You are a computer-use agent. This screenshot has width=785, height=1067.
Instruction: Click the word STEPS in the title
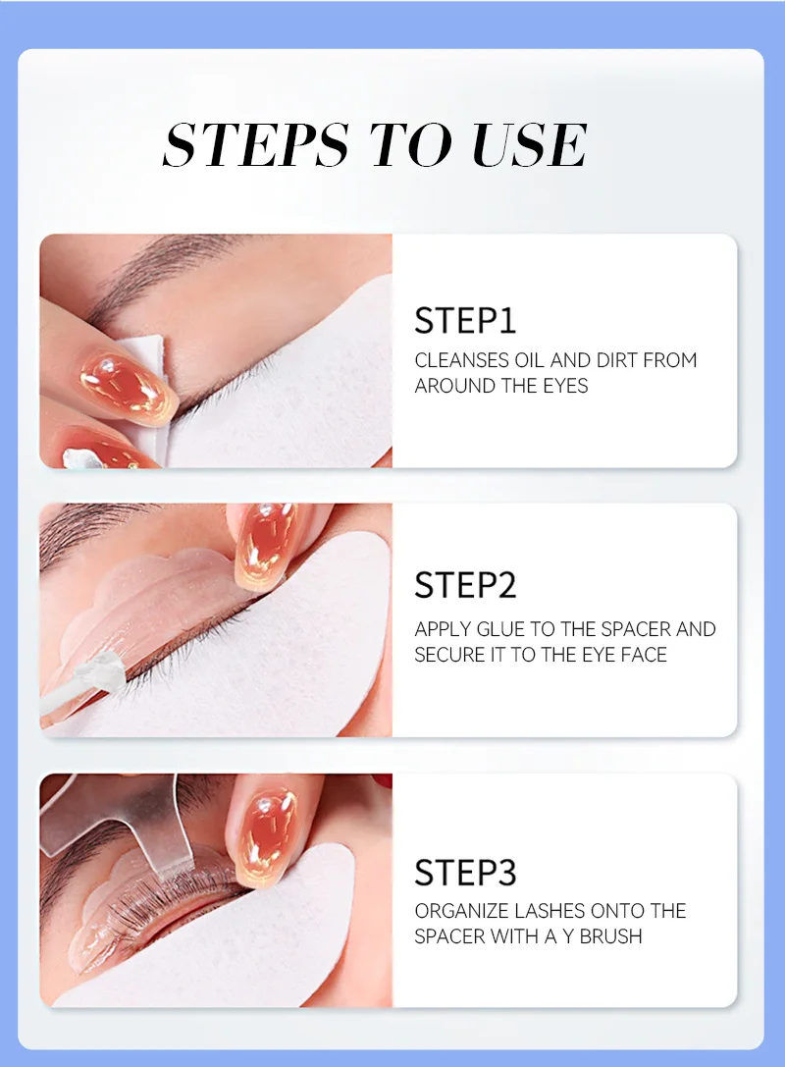click(x=256, y=144)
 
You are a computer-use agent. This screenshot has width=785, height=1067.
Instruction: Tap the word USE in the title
click(x=529, y=144)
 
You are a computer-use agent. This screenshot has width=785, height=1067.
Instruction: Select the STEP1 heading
click(x=465, y=321)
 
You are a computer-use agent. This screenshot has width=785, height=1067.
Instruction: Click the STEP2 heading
click(x=465, y=584)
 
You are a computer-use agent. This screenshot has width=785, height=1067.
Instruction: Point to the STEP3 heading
click(x=465, y=873)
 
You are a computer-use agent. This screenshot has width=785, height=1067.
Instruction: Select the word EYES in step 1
click(x=565, y=386)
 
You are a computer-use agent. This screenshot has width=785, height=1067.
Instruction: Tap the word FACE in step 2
click(x=642, y=655)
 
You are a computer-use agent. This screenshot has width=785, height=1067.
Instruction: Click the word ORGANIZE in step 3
click(x=461, y=911)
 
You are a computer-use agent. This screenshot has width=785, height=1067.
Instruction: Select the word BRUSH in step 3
click(x=610, y=936)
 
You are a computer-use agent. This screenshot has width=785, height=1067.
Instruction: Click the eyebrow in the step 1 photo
click(x=163, y=269)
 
